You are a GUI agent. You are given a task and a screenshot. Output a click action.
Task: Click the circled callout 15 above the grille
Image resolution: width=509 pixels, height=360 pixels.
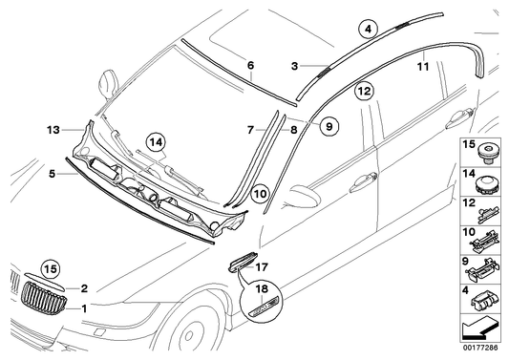(x=50, y=268)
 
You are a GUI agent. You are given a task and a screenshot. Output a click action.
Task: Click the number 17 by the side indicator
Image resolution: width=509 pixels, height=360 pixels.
(x=264, y=268)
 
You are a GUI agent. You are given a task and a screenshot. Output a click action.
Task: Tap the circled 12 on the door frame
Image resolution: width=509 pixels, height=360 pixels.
(x=363, y=92)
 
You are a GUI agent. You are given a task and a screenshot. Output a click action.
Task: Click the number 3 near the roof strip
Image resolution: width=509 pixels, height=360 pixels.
(x=296, y=67)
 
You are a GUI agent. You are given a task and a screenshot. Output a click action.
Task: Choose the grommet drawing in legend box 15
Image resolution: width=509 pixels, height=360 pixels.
(x=488, y=151)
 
